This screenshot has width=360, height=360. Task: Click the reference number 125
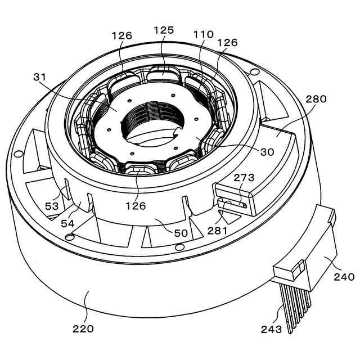164,30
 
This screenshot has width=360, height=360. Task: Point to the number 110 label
202,34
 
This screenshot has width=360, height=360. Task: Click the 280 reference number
316,100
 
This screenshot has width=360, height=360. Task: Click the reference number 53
52,206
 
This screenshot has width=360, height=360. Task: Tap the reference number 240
344,276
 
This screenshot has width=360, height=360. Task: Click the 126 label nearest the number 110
227,43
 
